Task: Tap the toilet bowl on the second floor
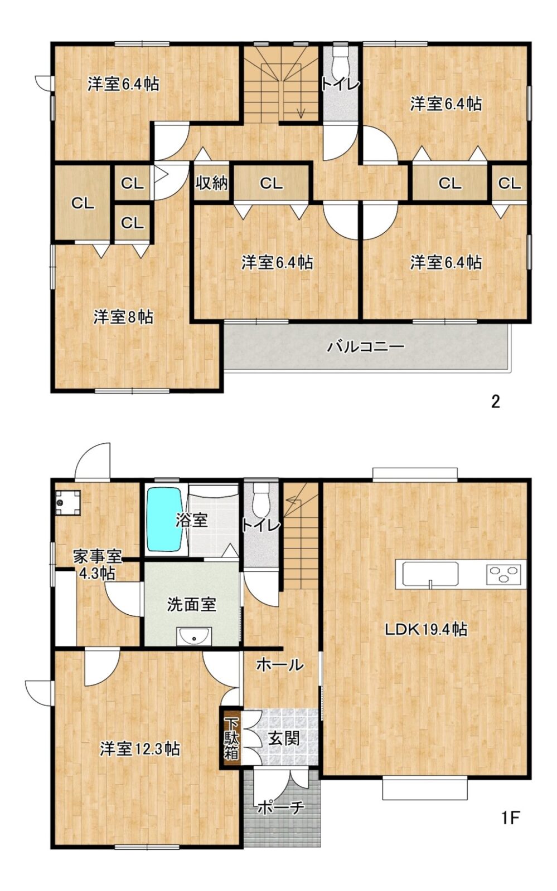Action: pyautogui.click(x=340, y=59)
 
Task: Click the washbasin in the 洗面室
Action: pyautogui.click(x=194, y=635)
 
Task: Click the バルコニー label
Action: pyautogui.click(x=366, y=346)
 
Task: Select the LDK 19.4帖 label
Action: pyautogui.click(x=425, y=629)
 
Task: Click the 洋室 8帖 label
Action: pyautogui.click(x=123, y=317)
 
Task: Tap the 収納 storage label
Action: pyautogui.click(x=211, y=183)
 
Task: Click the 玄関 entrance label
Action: pyautogui.click(x=283, y=738)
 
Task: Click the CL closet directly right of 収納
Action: pyautogui.click(x=271, y=183)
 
